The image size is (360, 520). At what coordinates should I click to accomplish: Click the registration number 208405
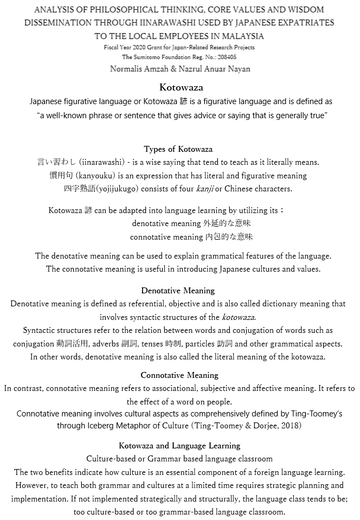click(x=226, y=56)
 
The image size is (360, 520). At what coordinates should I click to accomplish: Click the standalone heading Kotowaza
click(x=181, y=87)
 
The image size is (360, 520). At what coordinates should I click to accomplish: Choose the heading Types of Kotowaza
click(x=178, y=149)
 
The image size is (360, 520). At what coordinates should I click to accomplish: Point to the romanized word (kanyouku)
click(x=89, y=176)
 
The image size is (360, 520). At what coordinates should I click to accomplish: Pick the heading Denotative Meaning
click(x=178, y=291)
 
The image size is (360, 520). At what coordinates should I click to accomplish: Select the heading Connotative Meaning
click(x=179, y=375)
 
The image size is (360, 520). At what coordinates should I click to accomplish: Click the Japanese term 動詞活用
click(x=70, y=344)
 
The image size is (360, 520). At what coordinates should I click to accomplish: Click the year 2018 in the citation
click(x=289, y=426)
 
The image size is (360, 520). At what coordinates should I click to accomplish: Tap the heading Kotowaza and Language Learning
click(x=179, y=446)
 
